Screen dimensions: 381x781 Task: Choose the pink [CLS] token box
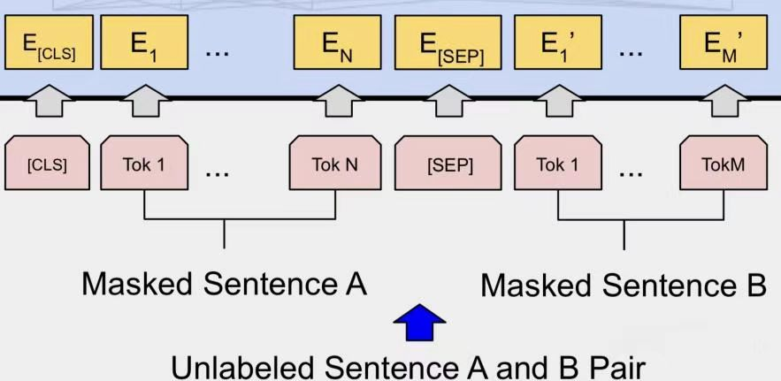tap(47, 164)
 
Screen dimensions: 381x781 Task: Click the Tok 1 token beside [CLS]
tap(144, 164)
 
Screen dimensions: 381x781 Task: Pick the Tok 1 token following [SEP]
tap(557, 164)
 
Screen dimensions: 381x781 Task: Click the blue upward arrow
tap(419, 323)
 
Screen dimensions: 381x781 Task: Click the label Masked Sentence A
tap(224, 284)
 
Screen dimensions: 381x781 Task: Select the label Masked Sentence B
tap(623, 285)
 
